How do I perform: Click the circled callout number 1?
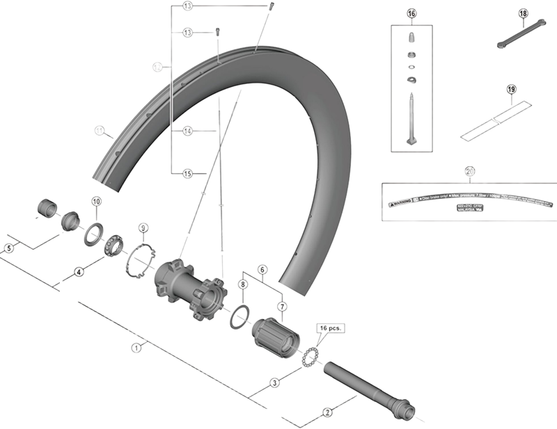pos(137,346)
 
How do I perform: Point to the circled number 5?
pos(9,248)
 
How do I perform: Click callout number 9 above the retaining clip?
pos(143,227)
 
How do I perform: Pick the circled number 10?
pos(96,202)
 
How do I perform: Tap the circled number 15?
pos(187,172)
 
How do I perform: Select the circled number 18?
pos(524,14)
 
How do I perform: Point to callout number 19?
pos(511,90)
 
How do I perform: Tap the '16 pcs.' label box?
pos(331,327)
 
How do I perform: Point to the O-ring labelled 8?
pos(237,316)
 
